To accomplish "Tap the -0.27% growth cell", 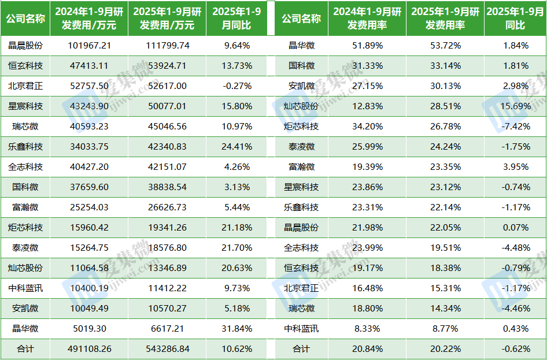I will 237,86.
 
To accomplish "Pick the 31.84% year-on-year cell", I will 237,328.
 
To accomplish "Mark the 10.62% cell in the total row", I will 237,349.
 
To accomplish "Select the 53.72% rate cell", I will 445,45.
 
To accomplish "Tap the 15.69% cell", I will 515,106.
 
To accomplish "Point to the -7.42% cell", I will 515,126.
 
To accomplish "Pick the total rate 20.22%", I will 445,349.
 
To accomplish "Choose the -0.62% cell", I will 515,349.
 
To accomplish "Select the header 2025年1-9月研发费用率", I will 445,18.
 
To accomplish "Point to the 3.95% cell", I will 515,166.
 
